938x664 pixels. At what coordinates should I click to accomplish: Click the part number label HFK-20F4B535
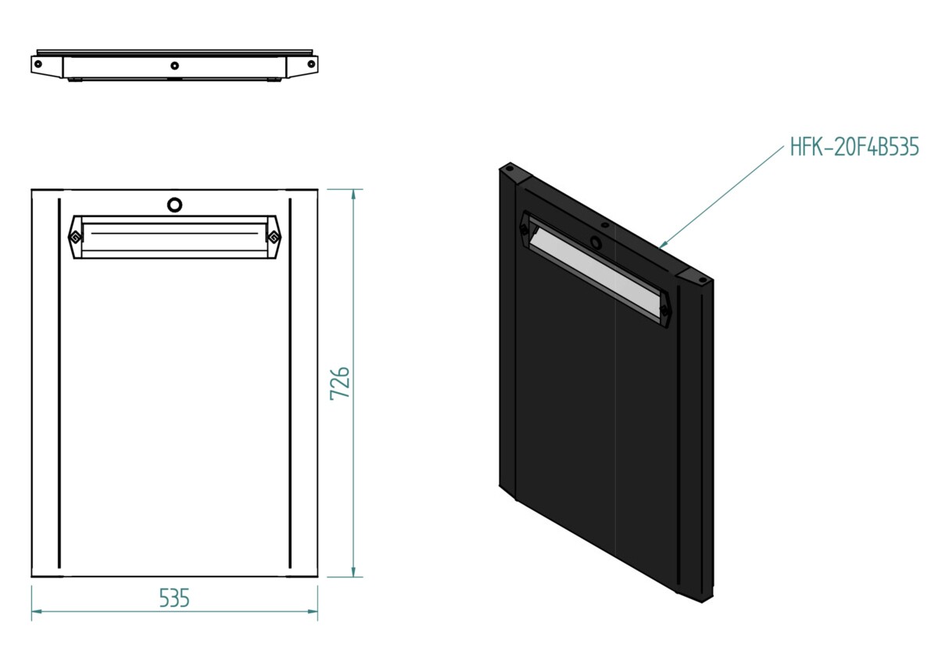(x=854, y=146)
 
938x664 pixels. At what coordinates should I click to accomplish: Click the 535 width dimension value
(x=174, y=598)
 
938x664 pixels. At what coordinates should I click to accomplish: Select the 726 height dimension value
(x=339, y=384)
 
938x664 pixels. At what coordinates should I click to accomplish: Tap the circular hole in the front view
(x=174, y=205)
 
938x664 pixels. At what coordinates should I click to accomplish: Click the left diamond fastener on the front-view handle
(x=75, y=237)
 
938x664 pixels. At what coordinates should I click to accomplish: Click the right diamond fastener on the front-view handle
(x=274, y=237)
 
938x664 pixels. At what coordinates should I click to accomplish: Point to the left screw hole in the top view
(x=38, y=64)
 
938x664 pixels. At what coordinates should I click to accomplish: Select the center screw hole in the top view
(x=174, y=66)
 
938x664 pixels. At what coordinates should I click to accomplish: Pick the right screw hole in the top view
(x=311, y=64)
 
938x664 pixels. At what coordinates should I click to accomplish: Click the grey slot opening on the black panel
(x=595, y=272)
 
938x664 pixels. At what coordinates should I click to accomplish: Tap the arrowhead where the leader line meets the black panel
(x=663, y=245)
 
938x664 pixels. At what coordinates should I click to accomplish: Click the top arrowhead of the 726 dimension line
(x=354, y=195)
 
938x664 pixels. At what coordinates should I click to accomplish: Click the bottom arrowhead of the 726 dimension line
(x=354, y=571)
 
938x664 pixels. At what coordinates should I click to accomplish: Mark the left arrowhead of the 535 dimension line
(x=38, y=612)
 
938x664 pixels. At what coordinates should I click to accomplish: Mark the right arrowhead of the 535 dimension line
(x=312, y=612)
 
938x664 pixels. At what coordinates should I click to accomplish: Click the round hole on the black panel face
(x=595, y=241)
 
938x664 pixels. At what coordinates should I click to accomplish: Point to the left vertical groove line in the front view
(x=59, y=384)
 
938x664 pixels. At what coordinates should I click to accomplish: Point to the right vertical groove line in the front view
(x=290, y=384)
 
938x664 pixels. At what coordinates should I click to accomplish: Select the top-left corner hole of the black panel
(x=509, y=169)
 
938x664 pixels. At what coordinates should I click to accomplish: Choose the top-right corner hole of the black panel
(x=703, y=280)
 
